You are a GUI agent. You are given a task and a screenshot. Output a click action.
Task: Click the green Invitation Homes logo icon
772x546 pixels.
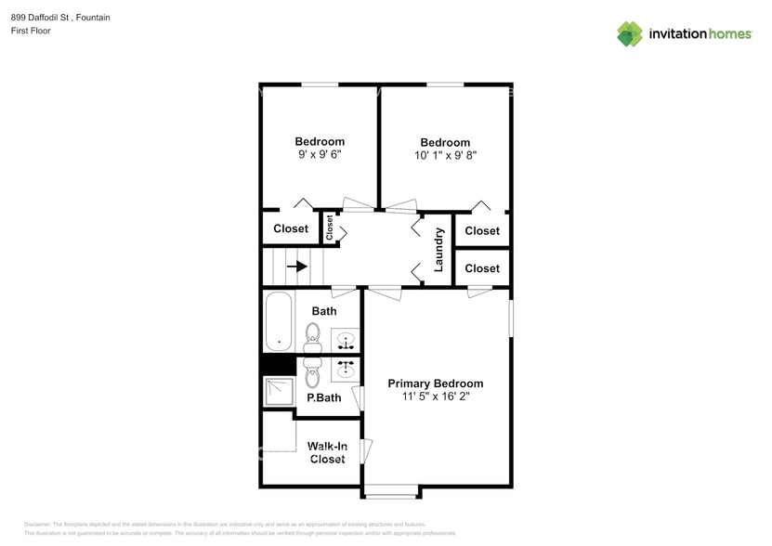point(630,34)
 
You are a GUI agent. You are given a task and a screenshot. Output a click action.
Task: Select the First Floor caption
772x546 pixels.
point(32,31)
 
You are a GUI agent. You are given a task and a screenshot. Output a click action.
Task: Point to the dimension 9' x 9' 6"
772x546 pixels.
point(320,155)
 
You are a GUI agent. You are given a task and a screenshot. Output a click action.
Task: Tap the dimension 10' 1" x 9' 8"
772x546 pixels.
point(445,156)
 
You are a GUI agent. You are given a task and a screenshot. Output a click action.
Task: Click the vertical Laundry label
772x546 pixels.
point(439,250)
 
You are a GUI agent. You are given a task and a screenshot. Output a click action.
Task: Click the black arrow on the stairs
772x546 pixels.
point(297,266)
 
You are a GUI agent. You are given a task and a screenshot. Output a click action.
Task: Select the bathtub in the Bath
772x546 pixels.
point(279,322)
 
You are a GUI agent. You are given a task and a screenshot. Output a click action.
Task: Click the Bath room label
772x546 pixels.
point(324,311)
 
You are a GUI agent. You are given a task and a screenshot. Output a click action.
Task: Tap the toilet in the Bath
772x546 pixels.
point(312,338)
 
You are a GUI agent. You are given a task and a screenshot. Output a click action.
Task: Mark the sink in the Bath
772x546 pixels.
point(346,342)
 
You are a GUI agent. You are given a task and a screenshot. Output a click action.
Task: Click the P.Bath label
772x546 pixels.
point(324,397)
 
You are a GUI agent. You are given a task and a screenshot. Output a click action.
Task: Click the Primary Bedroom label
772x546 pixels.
point(435,383)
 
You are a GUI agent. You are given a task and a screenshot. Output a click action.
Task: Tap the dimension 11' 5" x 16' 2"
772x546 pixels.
point(435,396)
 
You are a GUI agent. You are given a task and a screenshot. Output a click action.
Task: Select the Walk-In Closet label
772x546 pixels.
point(327,453)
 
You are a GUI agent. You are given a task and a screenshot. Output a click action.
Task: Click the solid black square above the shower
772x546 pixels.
point(278,366)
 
